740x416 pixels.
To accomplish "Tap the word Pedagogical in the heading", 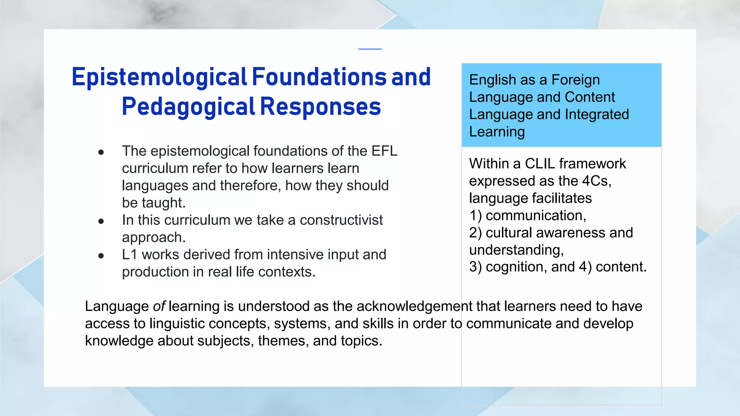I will pos(188,107).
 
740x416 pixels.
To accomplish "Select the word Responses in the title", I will pos(320,107).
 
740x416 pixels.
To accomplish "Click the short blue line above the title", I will pos(370,49).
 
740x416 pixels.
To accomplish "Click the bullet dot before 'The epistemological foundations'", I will pos(101,152).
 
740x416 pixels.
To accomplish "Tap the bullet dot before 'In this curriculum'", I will pos(101,221).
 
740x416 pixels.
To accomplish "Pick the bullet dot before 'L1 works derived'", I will pos(101,256).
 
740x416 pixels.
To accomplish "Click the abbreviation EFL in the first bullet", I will pos(384,151).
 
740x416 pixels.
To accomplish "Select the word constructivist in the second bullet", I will pos(341,220).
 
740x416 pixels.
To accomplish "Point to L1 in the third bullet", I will pos(129,255).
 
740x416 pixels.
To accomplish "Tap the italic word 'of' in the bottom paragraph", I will pos(159,306).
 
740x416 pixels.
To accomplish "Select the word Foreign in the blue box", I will pos(576,80).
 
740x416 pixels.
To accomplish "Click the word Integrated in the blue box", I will pos(597,114).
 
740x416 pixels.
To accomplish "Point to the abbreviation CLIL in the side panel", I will pos(539,164).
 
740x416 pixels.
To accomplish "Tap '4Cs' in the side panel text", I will pos(596,181).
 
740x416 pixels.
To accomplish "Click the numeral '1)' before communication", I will pos(475,216).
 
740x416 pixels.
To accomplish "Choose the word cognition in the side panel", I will pos(516,267).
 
